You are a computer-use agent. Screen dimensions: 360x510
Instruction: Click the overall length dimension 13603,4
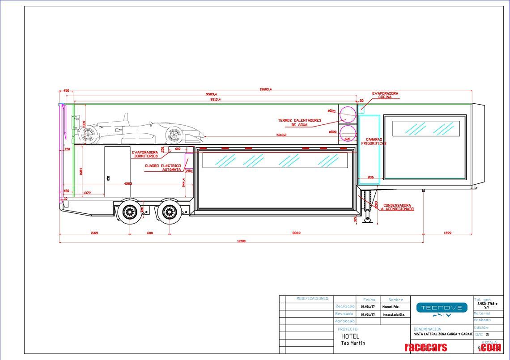[x=265, y=89]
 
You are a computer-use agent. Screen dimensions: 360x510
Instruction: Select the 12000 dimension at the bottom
[x=241, y=241]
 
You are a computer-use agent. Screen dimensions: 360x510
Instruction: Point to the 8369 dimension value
[x=296, y=233]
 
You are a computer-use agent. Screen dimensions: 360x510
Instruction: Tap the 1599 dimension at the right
[x=447, y=233]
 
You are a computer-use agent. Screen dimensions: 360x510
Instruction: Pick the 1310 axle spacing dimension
[x=149, y=233]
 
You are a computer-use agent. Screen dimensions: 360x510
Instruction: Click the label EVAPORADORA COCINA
[x=385, y=95]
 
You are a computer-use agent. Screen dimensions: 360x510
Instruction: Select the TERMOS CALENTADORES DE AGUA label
[x=299, y=123]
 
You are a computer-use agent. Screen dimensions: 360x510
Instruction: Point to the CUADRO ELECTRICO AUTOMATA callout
[x=163, y=168]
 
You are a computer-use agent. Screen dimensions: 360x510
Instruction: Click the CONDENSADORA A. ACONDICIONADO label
[x=397, y=207]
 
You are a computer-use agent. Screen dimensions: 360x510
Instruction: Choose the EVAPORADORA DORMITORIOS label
[x=144, y=154]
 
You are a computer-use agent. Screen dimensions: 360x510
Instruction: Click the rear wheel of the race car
[x=89, y=133]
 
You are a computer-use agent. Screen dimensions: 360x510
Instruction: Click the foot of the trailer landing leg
[x=368, y=220]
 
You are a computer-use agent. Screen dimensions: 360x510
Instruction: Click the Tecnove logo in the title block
[x=441, y=309]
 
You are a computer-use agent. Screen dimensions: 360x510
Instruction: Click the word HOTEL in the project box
[x=350, y=336]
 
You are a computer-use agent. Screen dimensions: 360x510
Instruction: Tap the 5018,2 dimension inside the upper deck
[x=281, y=135]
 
